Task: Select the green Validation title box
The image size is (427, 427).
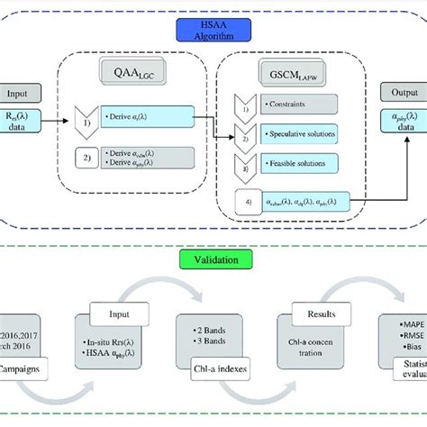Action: pyautogui.click(x=213, y=261)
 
